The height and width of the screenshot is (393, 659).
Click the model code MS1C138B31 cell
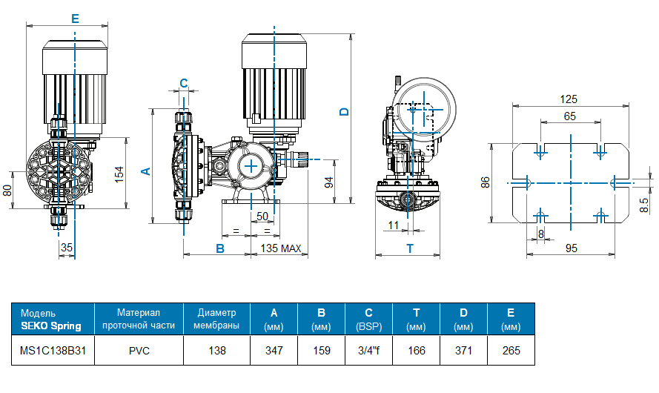click(51, 350)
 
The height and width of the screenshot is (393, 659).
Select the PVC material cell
click(139, 350)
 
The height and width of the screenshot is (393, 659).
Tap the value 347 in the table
click(274, 350)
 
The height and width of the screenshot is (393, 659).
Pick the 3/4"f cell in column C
click(368, 350)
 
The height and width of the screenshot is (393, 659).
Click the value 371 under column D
click(463, 350)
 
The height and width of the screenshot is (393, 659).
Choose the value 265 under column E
click(510, 350)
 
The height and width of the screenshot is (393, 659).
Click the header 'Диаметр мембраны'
click(216, 319)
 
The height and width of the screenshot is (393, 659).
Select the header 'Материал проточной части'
click(139, 319)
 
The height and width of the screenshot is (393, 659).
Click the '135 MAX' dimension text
click(281, 248)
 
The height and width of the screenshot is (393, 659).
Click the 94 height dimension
click(329, 181)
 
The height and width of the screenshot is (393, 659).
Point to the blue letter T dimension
click(410, 248)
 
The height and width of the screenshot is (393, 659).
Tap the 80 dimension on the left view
click(7, 190)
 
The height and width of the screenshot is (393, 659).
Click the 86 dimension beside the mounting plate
click(486, 182)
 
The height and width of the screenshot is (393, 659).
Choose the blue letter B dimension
click(219, 248)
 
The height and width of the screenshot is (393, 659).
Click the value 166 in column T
click(416, 350)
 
